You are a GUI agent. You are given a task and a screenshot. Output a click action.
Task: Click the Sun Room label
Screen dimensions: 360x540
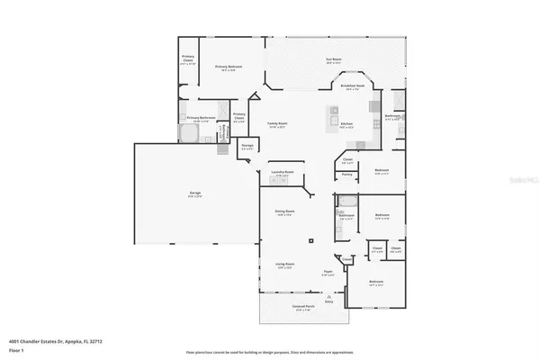pos(333,60)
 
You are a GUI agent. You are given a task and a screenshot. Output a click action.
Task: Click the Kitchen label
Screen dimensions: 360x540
pos(346,124)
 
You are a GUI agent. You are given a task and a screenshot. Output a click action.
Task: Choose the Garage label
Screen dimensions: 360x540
pos(194,193)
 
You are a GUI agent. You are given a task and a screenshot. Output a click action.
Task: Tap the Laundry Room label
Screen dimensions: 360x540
pos(283,171)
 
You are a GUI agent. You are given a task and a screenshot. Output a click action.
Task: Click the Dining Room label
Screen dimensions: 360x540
pos(285,212)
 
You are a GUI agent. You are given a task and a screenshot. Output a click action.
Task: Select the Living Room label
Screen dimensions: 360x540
pos(285,265)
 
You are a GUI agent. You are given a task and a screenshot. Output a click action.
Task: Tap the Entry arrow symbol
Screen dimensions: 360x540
pos(328,296)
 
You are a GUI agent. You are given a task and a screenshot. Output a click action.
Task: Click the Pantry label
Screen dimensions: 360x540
pos(346,174)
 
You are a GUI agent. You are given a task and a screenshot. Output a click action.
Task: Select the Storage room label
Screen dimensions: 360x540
pos(247,147)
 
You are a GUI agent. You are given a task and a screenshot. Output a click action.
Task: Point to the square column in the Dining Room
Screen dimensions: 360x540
pos(310,240)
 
